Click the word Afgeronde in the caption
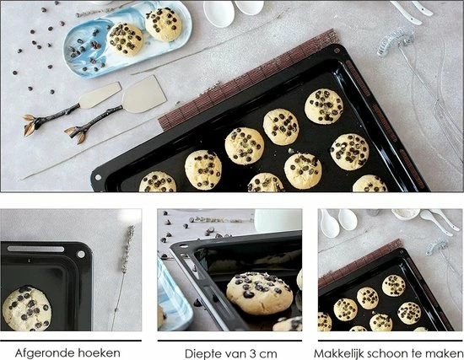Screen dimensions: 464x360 pyautogui.click(x=45, y=353)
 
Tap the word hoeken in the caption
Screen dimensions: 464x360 pyautogui.click(x=100, y=353)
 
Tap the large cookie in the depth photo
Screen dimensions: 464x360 pyautogui.click(x=260, y=293)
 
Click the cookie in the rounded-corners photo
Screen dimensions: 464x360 pyautogui.click(x=26, y=309)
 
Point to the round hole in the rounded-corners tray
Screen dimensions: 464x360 pyautogui.click(x=81, y=254)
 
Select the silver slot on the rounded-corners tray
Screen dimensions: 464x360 pyautogui.click(x=35, y=249)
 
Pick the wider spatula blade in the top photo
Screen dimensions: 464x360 pyautogui.click(x=144, y=94)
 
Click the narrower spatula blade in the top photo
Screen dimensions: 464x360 pyautogui.click(x=100, y=95)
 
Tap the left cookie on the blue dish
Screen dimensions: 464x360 pyautogui.click(x=125, y=40)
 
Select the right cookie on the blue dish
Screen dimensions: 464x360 pyautogui.click(x=164, y=24)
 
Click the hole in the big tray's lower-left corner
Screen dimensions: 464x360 pyautogui.click(x=98, y=178)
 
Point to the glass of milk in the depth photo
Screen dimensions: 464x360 pyautogui.click(x=277, y=221)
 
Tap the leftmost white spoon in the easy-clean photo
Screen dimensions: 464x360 pyautogui.click(x=329, y=223)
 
